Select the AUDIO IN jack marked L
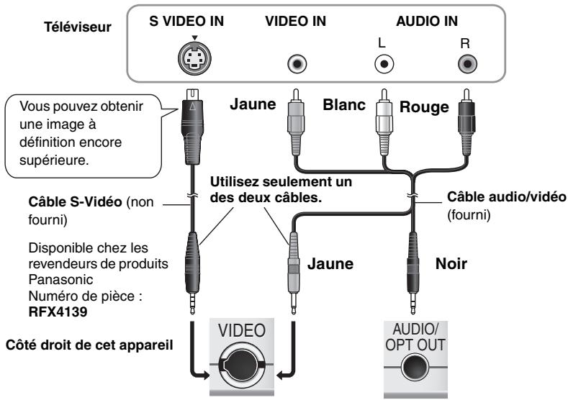point(386,64)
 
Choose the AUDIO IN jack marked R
point(469,64)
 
